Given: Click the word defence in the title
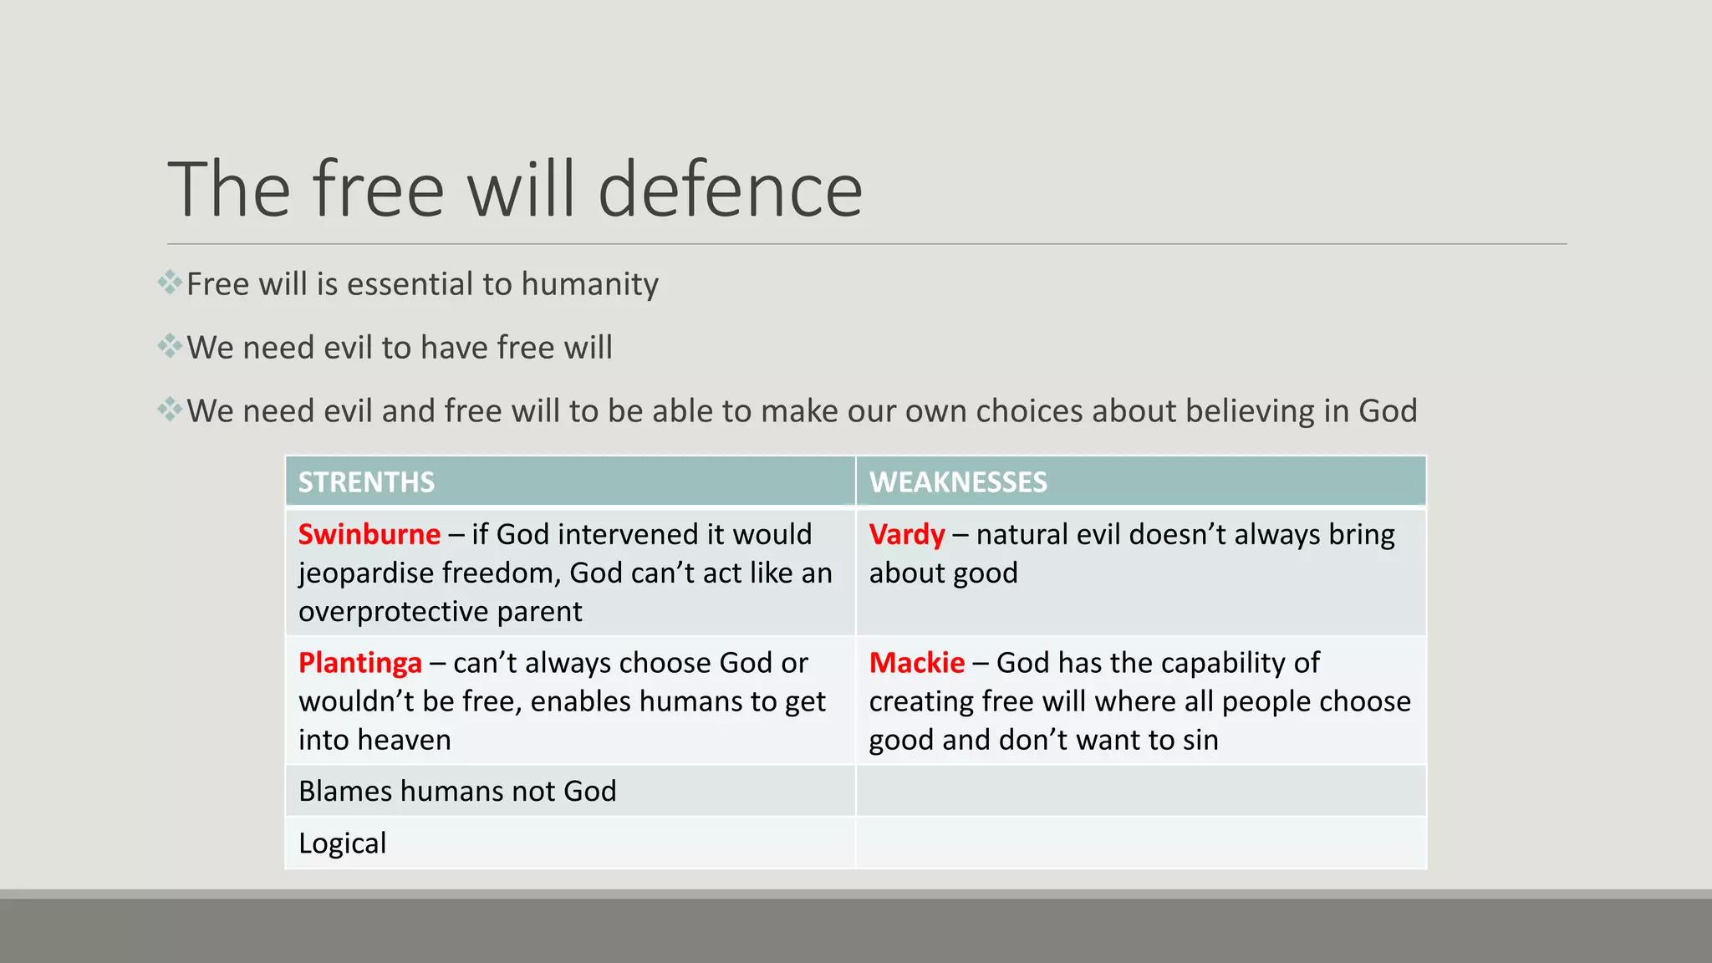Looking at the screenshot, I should [730, 190].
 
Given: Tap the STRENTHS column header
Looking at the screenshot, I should [366, 482].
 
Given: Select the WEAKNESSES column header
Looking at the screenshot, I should [957, 482].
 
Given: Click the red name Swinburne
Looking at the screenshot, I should [369, 534].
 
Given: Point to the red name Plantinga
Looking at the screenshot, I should [359, 663].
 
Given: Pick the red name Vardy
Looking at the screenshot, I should [906, 534].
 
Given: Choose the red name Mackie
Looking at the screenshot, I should [916, 663].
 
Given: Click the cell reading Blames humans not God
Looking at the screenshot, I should [457, 791].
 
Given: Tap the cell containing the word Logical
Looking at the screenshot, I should [343, 843].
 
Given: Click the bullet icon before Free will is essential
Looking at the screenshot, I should [170, 283].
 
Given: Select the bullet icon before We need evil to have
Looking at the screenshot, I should [170, 346].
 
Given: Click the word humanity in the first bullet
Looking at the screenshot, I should [589, 284].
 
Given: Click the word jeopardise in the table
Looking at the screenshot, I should [365, 573].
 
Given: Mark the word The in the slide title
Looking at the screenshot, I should [228, 190].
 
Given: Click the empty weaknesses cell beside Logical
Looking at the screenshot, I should [1141, 843].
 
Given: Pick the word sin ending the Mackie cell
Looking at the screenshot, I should [1200, 740].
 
